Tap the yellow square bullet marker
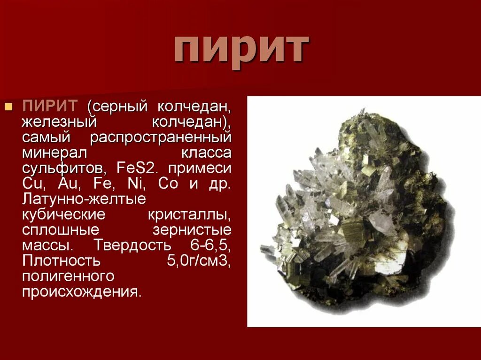[x=8, y=107]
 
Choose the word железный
[x=59, y=122]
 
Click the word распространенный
[x=161, y=138]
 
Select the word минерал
[x=54, y=153]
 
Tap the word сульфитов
[x=64, y=168]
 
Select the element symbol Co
[x=168, y=184]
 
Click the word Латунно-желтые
[x=84, y=199]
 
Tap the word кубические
[x=63, y=214]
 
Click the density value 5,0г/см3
[x=198, y=260]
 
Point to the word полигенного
[x=68, y=276]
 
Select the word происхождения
[x=81, y=291]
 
